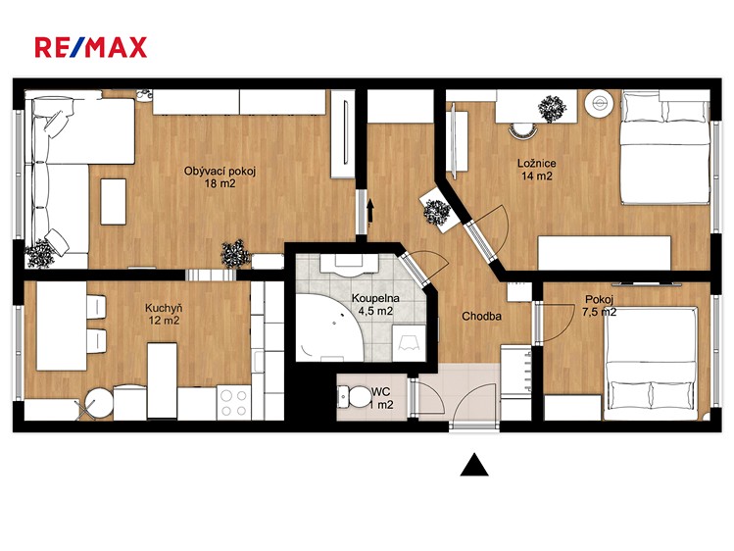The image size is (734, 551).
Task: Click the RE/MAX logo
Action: (91, 47)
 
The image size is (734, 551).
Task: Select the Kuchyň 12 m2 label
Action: (164, 314)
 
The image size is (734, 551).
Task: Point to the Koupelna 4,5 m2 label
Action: (375, 304)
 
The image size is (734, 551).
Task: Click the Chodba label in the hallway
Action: (482, 317)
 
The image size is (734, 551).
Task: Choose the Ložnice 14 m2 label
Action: (536, 170)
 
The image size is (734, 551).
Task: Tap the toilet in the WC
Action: (354, 397)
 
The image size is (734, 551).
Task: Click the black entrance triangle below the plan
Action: (474, 465)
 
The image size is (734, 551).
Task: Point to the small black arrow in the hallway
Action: (370, 211)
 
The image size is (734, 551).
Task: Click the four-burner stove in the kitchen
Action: (234, 403)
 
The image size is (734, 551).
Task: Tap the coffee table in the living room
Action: (114, 202)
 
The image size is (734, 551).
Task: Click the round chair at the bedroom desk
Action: (522, 130)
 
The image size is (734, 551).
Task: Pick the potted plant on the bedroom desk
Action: (552, 109)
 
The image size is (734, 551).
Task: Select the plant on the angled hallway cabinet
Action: (437, 212)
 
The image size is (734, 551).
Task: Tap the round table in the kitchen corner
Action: (99, 404)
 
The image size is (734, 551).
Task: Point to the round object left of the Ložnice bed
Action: (601, 103)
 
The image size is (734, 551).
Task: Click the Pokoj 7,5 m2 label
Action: (599, 306)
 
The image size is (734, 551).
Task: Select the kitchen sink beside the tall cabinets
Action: (259, 361)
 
